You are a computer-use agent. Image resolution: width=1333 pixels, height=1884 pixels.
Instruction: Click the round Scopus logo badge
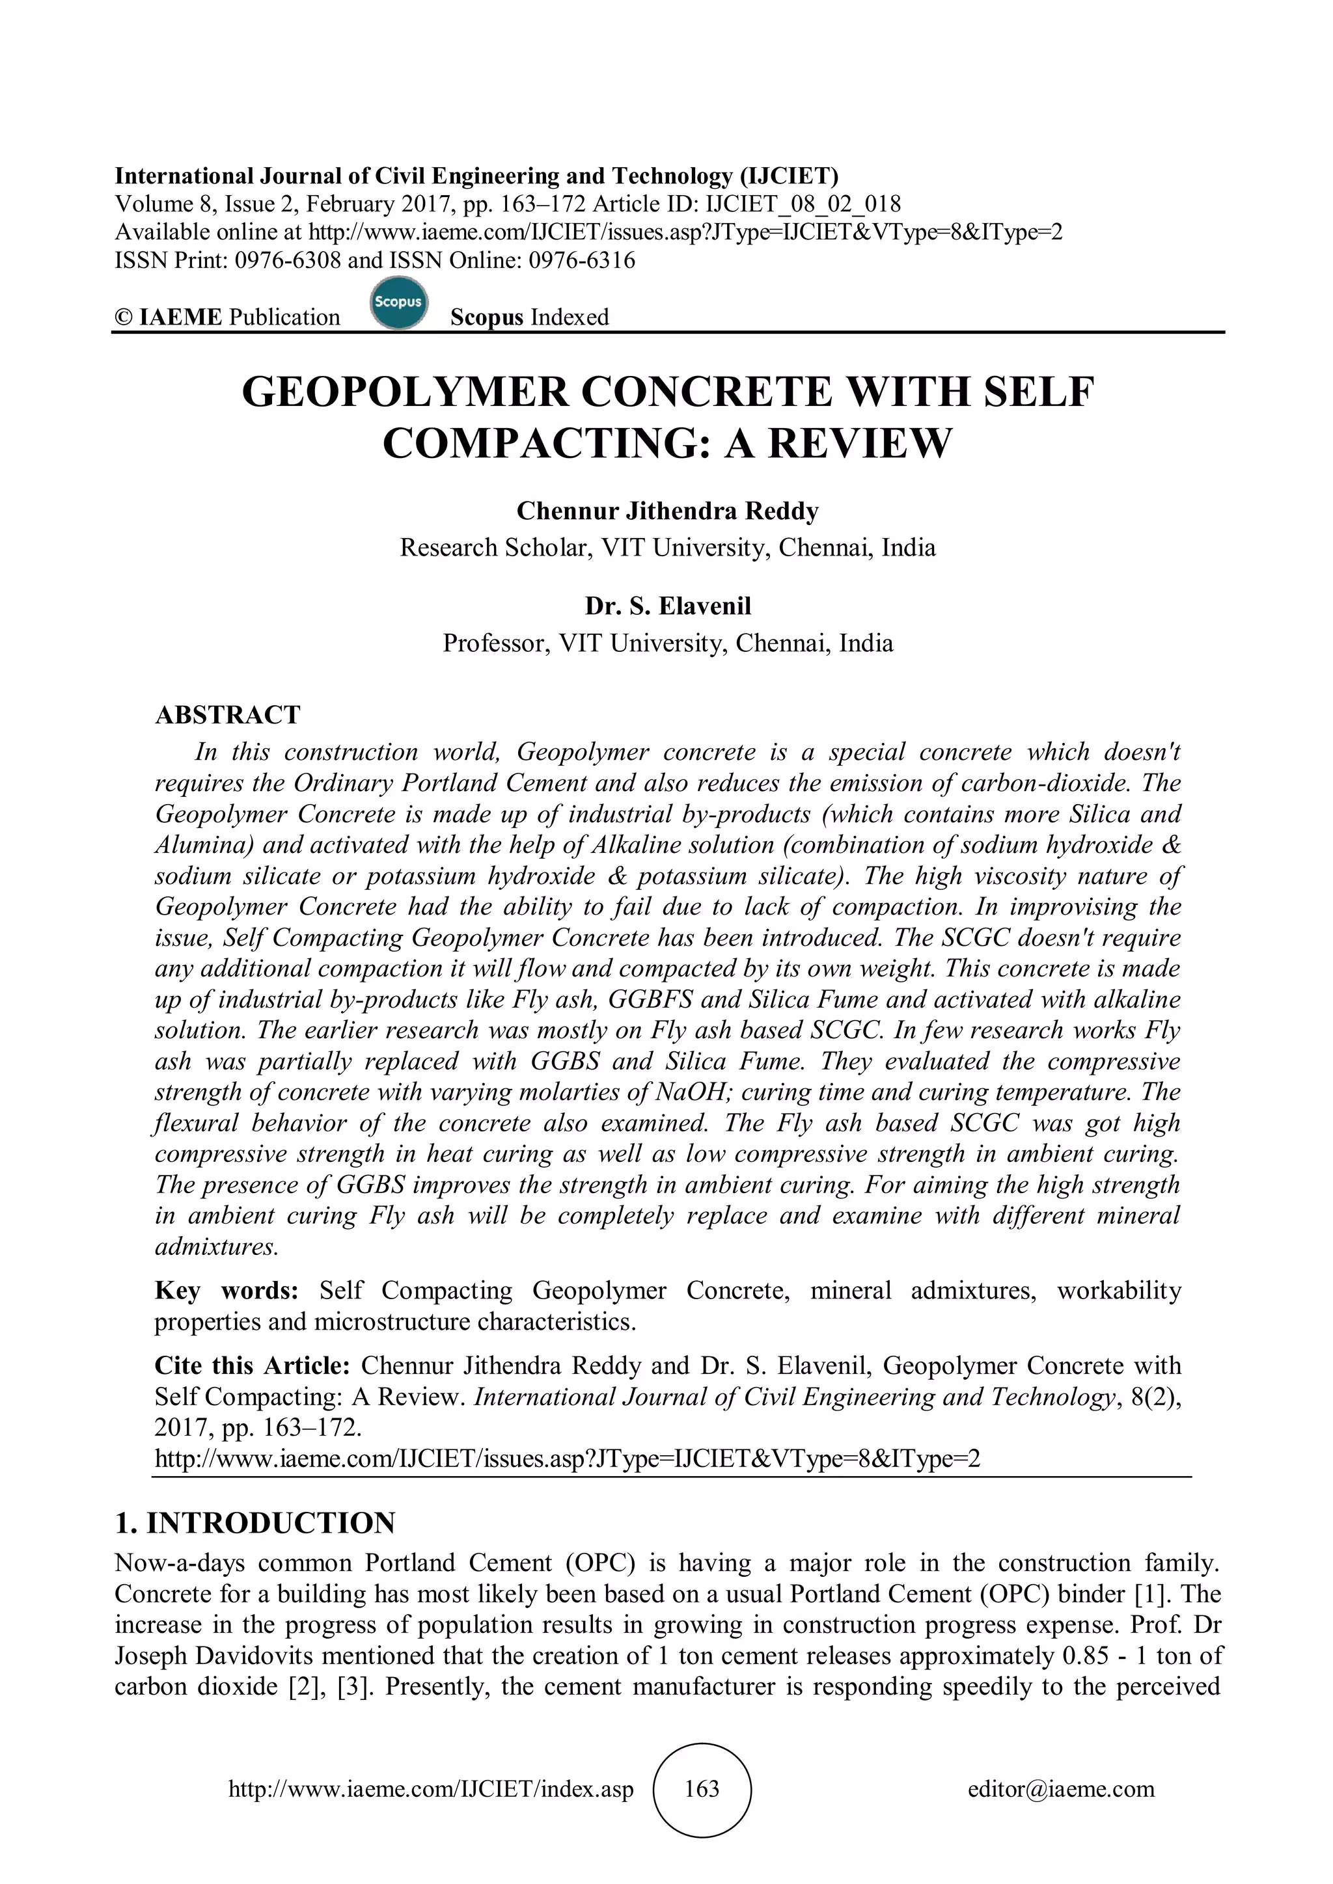click(398, 304)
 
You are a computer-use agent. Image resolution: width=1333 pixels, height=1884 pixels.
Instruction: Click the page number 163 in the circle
click(702, 1789)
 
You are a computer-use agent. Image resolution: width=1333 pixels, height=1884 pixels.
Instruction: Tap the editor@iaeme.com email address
click(1060, 1789)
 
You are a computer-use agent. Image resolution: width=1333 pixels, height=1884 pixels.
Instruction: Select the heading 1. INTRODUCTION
click(255, 1523)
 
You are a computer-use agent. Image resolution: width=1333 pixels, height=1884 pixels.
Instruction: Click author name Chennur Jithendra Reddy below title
click(667, 511)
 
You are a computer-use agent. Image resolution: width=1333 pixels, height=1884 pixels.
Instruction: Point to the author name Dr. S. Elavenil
click(667, 606)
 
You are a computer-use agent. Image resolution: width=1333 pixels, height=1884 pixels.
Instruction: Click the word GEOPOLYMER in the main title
click(405, 392)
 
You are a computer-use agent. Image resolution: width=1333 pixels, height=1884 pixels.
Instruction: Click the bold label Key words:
click(227, 1291)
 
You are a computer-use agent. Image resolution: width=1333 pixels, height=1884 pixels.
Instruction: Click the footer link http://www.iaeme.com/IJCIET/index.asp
click(431, 1789)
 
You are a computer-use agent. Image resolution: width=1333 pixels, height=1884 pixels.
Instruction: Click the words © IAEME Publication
click(227, 317)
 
